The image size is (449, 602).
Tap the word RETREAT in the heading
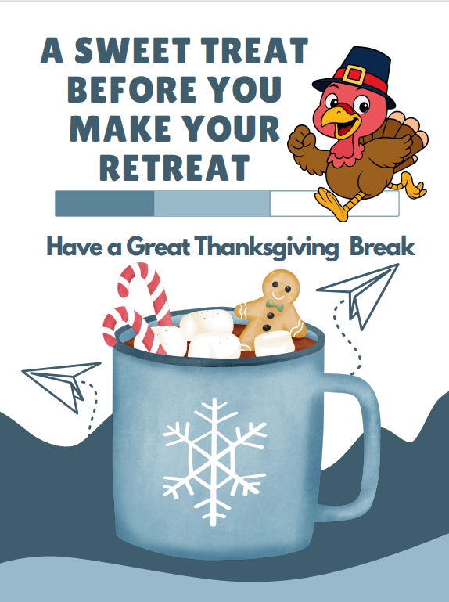(x=177, y=168)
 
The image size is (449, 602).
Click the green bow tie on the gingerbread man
(x=273, y=304)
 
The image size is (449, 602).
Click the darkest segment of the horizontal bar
(x=104, y=204)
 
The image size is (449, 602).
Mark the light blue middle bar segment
(x=211, y=204)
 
